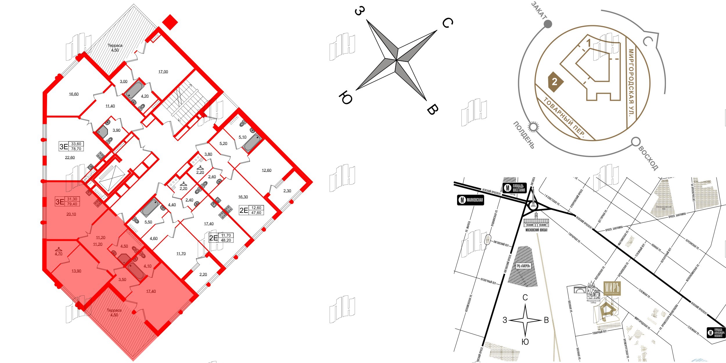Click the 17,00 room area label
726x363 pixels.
(x=163, y=72)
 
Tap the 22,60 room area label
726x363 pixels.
(x=70, y=158)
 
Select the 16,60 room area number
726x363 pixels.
(x=73, y=94)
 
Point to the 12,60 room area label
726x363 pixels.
(x=266, y=170)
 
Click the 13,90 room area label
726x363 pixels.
(x=76, y=271)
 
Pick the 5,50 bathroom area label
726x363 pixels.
(x=148, y=222)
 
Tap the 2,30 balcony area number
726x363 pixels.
(x=287, y=191)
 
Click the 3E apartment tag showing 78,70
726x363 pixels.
(x=71, y=146)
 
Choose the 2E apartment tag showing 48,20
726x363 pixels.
(x=221, y=238)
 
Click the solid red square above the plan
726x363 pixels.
(x=170, y=22)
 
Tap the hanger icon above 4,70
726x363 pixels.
(x=59, y=249)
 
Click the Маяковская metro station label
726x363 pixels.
(x=470, y=200)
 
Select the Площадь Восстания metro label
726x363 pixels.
(x=514, y=188)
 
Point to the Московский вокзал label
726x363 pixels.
(x=536, y=230)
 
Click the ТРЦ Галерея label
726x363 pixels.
(x=523, y=266)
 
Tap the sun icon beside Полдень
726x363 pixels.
(x=533, y=127)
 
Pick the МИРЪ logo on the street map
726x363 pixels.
(x=612, y=288)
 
